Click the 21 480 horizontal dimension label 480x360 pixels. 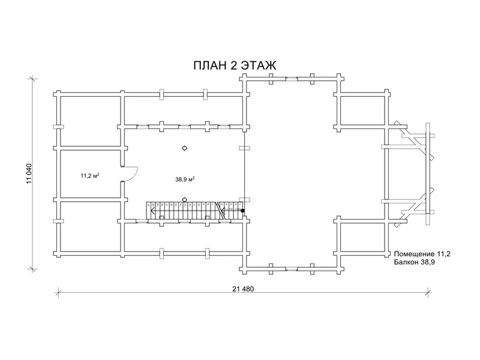click(x=243, y=288)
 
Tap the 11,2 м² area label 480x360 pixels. click(x=89, y=176)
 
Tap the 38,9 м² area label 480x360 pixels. click(x=185, y=179)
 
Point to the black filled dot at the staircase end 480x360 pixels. click(x=242, y=211)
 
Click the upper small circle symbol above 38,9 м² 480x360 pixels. click(x=184, y=148)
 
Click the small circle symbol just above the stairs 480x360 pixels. click(x=184, y=199)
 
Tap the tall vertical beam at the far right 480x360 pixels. click(x=428, y=173)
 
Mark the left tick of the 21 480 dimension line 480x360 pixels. click(x=58, y=292)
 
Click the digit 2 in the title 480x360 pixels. click(x=233, y=65)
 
